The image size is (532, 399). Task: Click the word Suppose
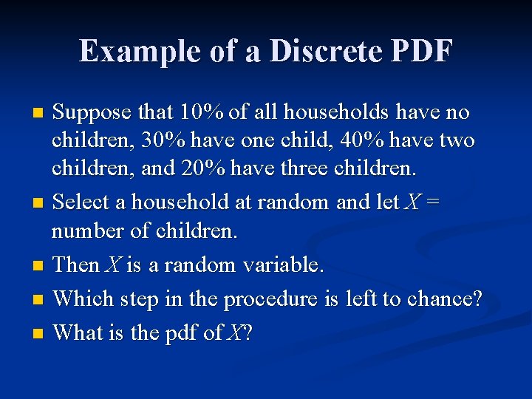(95, 112)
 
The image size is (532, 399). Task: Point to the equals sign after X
(432, 202)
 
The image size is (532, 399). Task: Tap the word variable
(284, 265)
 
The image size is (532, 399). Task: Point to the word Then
(76, 265)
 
